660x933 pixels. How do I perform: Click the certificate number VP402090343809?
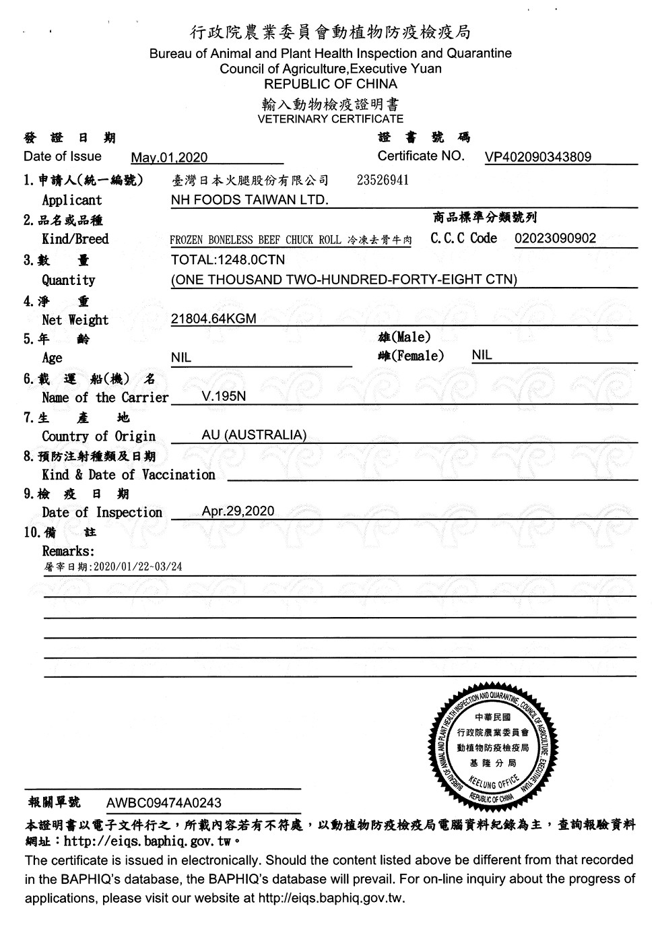[x=537, y=157]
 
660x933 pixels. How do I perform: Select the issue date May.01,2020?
[x=169, y=158]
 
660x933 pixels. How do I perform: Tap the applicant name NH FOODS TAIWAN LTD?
[x=249, y=199]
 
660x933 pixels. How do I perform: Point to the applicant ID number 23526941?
[x=382, y=181]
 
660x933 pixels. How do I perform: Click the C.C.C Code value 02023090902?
[x=555, y=238]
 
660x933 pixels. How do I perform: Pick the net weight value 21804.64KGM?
[x=213, y=319]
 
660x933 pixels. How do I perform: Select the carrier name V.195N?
[x=224, y=396]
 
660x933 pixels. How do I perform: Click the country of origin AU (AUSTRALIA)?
[x=254, y=435]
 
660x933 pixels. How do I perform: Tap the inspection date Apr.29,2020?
[x=238, y=511]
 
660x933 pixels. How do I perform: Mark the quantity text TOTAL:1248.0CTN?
[x=228, y=260]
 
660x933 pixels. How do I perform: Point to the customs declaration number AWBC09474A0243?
[x=164, y=803]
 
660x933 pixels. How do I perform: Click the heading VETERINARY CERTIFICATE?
[x=330, y=119]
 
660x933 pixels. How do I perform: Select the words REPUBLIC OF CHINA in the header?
[x=330, y=84]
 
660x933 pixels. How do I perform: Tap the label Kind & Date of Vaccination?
[x=128, y=475]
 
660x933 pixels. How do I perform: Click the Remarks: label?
[x=68, y=551]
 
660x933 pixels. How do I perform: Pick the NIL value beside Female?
[x=482, y=355]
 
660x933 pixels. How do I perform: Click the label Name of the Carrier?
[x=104, y=397]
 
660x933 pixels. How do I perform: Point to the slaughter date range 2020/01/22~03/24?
[x=138, y=567]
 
